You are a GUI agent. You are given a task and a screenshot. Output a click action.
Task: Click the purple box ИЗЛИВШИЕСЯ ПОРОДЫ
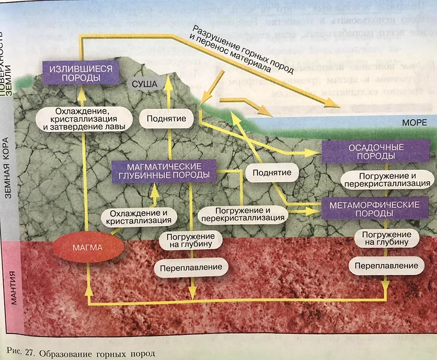81,73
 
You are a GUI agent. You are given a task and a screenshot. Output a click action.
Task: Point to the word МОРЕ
414,123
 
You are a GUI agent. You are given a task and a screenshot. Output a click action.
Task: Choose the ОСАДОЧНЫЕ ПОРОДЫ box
376,152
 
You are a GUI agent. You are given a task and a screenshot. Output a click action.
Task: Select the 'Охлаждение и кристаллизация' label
139,217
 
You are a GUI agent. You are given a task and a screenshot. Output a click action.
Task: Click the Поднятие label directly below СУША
166,118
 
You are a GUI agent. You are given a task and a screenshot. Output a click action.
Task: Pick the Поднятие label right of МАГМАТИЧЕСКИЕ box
272,173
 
